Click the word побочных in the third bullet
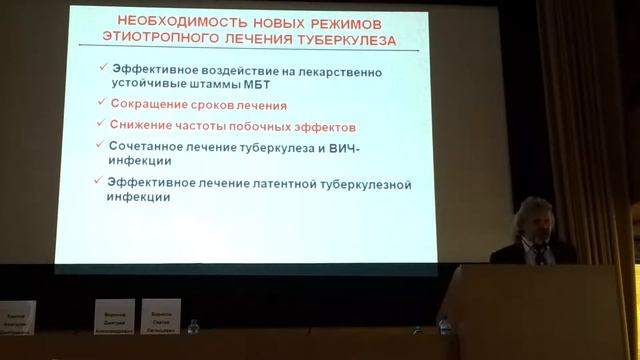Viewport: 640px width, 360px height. click(x=271, y=127)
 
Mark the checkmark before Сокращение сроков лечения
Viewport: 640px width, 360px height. click(x=100, y=103)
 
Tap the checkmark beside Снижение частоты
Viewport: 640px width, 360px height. click(x=100, y=125)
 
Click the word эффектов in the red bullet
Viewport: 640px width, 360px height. click(x=330, y=127)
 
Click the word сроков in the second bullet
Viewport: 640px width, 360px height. click(x=219, y=104)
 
